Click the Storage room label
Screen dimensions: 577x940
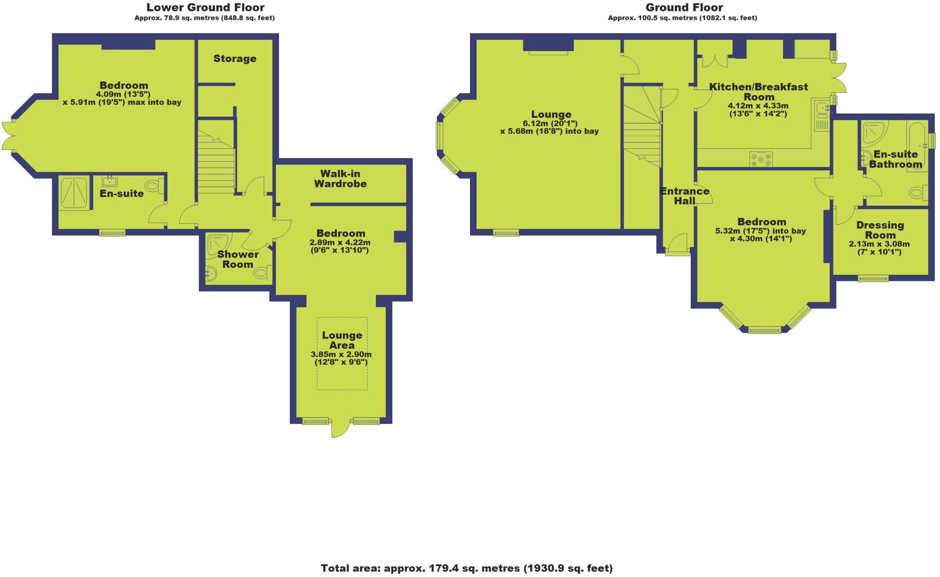[x=235, y=58]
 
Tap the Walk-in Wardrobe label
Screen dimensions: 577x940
[x=340, y=179]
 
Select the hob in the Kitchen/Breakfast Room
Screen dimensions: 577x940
[x=761, y=159]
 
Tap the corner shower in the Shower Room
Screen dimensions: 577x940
[x=218, y=243]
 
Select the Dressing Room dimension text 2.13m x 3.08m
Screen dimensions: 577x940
[x=879, y=244]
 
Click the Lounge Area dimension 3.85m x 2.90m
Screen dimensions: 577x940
[x=341, y=354]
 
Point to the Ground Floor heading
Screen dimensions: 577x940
[x=684, y=7]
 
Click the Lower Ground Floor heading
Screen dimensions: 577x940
[x=205, y=7]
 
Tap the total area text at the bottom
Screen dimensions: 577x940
[x=466, y=568]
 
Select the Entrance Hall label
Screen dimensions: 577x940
[x=684, y=196]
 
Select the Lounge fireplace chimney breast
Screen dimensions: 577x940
[x=548, y=45]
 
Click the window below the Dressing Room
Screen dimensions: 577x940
[x=873, y=278]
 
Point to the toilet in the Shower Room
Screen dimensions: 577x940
[x=261, y=274]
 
